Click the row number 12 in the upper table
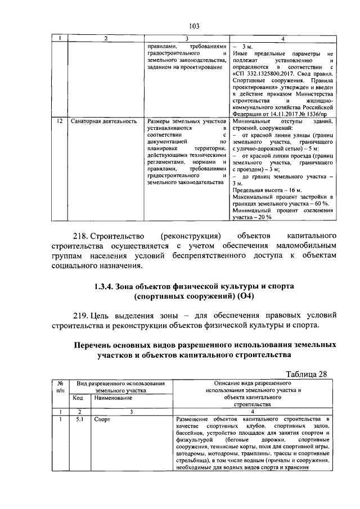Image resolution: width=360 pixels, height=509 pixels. pyautogui.click(x=59, y=121)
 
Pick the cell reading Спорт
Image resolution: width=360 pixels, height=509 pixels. pyautogui.click(x=101, y=420)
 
